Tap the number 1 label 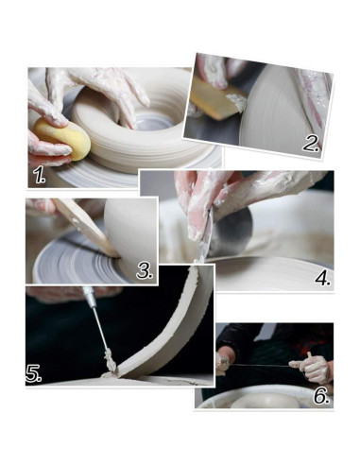(x=40, y=175)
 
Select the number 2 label (x=310, y=144)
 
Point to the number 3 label (x=145, y=270)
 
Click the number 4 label (x=323, y=278)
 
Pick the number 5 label (x=33, y=373)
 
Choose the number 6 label (x=321, y=396)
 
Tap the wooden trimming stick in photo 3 (x=87, y=226)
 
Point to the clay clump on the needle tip (x=110, y=361)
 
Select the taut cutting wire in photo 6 (x=261, y=365)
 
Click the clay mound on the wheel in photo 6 (x=266, y=401)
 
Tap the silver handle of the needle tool (x=88, y=297)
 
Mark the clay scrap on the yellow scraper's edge (x=236, y=101)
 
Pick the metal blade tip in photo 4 (x=199, y=259)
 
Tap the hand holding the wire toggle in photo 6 (x=310, y=368)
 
